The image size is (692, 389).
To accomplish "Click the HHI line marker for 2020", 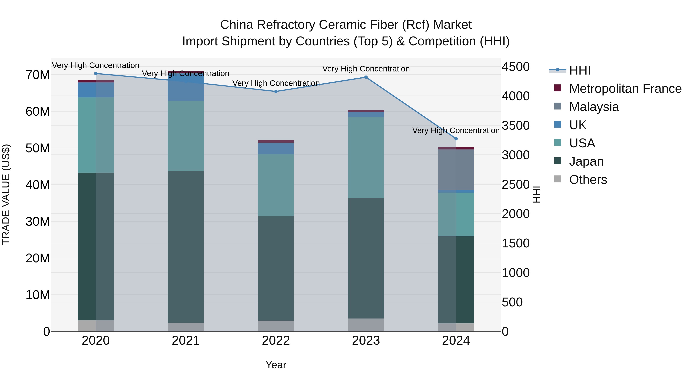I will pos(96,74).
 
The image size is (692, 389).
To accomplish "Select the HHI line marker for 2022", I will pos(276,92).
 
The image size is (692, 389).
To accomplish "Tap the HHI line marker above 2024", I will pos(456,139).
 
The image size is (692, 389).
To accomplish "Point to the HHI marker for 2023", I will pos(366,77).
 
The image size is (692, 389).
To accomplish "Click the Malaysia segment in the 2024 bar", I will pos(456,170).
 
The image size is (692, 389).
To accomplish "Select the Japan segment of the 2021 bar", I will pos(186,247).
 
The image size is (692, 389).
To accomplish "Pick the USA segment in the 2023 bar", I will pos(366,158).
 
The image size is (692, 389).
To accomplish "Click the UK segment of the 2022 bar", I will pos(276,148).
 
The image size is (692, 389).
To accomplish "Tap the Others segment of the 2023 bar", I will pos(366,325).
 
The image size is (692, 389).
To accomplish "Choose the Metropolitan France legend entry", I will pos(625,89).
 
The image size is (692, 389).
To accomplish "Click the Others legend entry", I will pos(588,180).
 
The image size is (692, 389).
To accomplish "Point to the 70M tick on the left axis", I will pos(38,75).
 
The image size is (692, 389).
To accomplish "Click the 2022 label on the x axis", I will pos(276,341).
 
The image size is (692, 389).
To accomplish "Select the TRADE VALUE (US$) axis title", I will pos(6,194).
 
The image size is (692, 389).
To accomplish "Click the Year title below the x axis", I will pos(276,365).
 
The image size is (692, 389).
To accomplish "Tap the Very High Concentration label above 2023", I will pos(366,69).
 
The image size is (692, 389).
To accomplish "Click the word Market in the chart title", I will pos(452,25).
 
